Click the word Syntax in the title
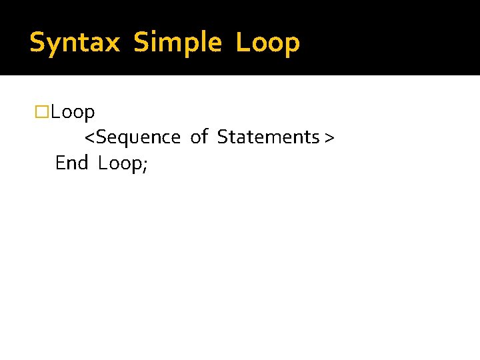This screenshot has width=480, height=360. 75,43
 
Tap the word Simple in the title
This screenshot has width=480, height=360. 177,43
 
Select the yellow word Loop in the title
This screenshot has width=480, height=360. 267,43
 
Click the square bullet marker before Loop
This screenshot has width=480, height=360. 42,112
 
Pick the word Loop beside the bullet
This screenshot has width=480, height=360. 73,112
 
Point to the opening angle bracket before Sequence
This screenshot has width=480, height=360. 90,138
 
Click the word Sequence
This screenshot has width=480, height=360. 138,137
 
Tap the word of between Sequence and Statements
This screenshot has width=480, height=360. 199,137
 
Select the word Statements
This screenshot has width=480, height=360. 268,137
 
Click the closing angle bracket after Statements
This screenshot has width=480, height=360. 329,138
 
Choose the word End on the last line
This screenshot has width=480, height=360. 71,163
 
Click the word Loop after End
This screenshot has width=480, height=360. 119,163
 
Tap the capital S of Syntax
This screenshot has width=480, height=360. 37,43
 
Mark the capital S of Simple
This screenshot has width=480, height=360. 141,43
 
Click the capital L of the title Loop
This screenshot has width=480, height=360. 241,43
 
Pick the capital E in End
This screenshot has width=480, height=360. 60,163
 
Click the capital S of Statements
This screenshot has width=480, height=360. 223,137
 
